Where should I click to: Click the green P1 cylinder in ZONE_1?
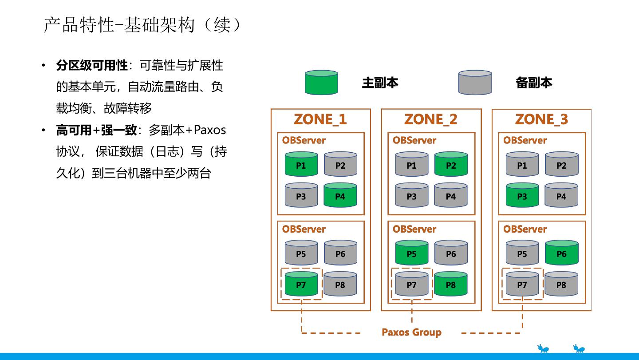coord(301,164)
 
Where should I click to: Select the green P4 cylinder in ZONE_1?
coord(340,195)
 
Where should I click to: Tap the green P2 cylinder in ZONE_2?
coord(450,164)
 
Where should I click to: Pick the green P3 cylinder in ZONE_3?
coord(522,195)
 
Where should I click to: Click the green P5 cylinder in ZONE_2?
coord(411,253)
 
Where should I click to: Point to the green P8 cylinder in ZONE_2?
coord(450,284)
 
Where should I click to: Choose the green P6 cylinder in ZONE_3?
coord(561,253)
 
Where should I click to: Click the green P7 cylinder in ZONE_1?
coord(301,284)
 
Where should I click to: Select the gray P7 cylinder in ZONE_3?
coord(522,284)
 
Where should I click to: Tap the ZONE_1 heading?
coord(320,119)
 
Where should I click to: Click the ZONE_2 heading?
coord(430,119)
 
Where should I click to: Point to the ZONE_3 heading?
coord(541,119)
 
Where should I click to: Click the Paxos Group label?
coord(411,332)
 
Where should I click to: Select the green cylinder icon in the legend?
coord(321,83)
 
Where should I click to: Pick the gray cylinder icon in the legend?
coord(475,83)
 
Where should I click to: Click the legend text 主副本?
coord(380,83)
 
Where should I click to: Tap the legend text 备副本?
coord(534,83)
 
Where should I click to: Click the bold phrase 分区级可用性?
coord(92,66)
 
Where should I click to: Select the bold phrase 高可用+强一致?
coord(96,130)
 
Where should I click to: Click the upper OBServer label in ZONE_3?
coord(525,140)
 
